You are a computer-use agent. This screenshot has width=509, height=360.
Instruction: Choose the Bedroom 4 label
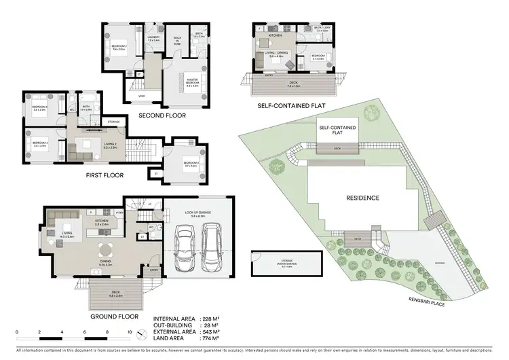40,143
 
